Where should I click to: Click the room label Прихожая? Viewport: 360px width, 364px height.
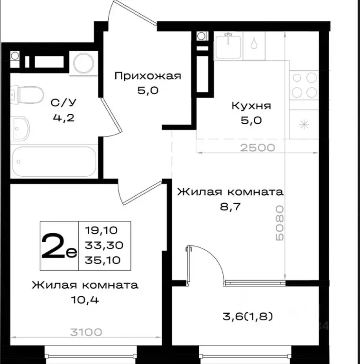click(x=148, y=76)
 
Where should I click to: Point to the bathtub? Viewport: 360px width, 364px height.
click(x=54, y=162)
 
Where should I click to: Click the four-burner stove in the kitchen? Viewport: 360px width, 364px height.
click(x=304, y=84)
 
